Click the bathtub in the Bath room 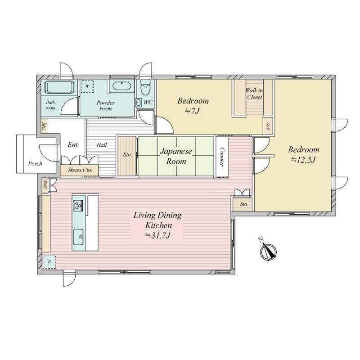(60, 87)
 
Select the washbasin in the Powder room (121, 86)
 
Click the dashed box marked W (87, 86)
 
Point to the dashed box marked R (49, 262)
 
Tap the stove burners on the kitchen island (78, 205)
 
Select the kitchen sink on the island (78, 237)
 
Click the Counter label (222, 157)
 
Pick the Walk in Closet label (254, 94)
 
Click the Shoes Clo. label (80, 170)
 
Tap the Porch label (35, 164)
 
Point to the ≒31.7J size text (158, 235)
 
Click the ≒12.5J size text (303, 159)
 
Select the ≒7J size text (193, 111)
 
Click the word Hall (102, 145)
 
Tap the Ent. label (73, 144)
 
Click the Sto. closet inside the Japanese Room (127, 157)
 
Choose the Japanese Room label (176, 156)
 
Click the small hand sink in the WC (138, 103)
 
